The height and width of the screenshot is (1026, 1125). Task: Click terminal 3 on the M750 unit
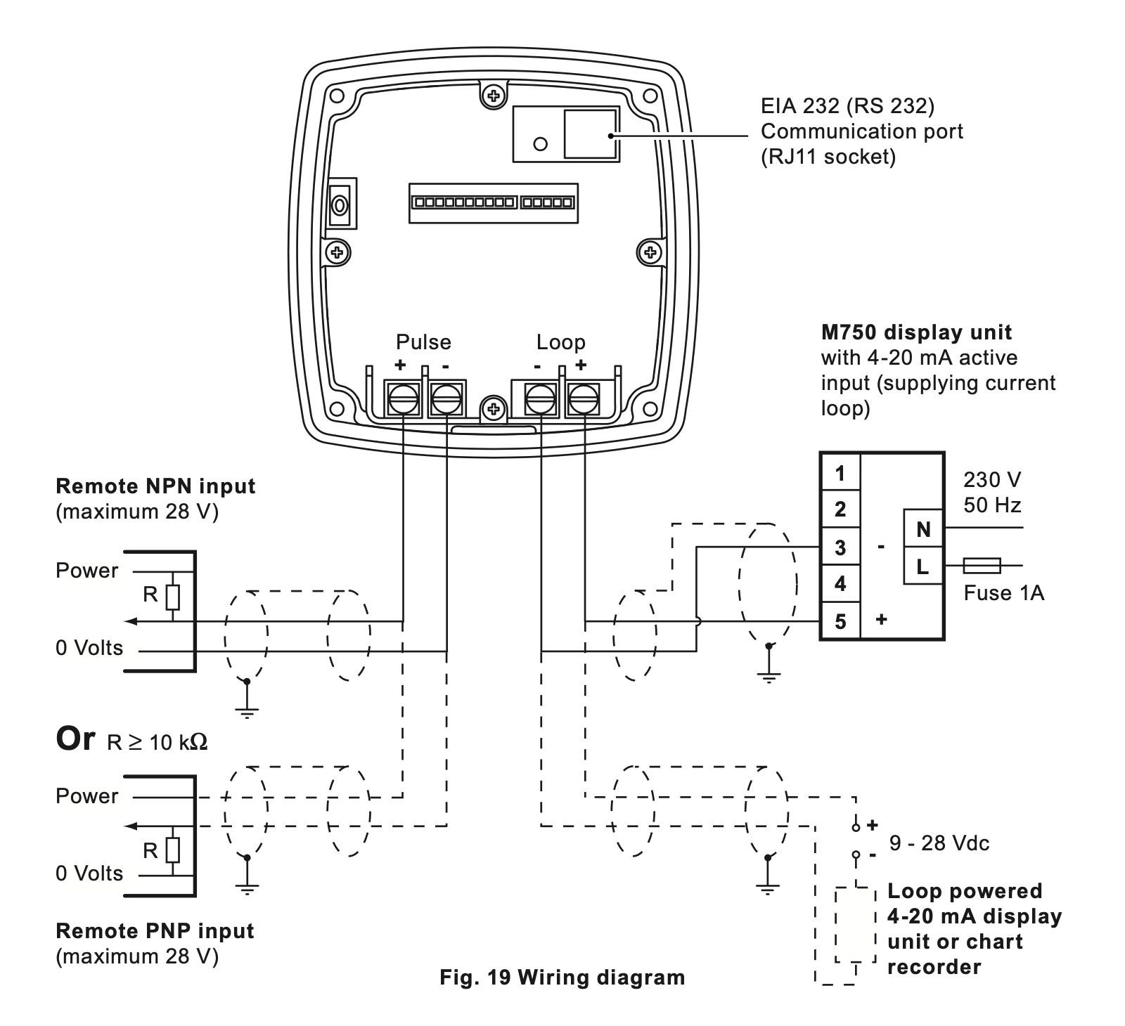[x=840, y=547]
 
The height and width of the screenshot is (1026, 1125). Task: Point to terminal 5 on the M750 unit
[x=840, y=621]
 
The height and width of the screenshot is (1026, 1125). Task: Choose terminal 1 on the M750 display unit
[x=840, y=473]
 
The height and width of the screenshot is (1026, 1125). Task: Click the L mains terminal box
[x=922, y=566]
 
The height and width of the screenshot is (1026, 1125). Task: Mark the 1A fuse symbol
[x=982, y=564]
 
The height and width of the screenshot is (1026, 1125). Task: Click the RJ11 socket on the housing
[x=591, y=134]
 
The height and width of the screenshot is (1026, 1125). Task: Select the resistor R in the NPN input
[x=173, y=597]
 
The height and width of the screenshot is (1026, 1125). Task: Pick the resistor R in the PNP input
[x=173, y=850]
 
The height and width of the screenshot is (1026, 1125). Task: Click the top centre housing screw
[x=494, y=95]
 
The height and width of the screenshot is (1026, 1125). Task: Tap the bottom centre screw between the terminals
[x=494, y=408]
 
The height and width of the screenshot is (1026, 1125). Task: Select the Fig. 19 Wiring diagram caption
[x=562, y=977]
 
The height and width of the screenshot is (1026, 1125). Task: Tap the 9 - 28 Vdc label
[x=939, y=843]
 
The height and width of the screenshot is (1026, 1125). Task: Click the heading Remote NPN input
[x=155, y=486]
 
